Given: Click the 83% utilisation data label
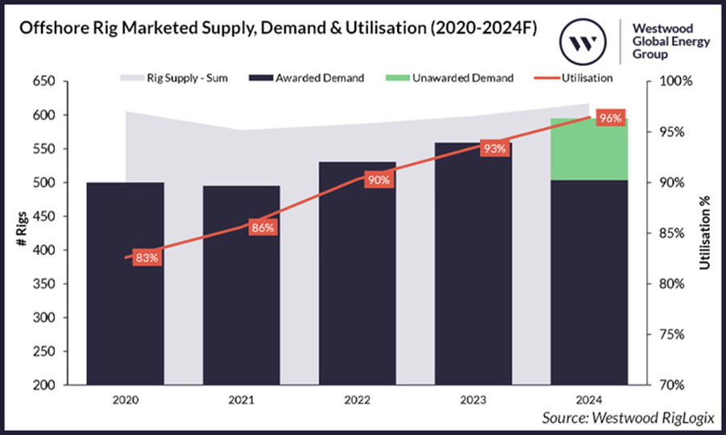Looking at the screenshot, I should click(x=147, y=258).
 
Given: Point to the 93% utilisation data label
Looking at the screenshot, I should click(x=494, y=148).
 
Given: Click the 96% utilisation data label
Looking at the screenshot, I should click(x=610, y=118).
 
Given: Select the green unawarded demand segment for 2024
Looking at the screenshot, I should click(x=589, y=149).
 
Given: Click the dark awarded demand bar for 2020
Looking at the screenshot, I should click(x=125, y=290).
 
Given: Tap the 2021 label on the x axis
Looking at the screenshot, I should click(x=241, y=400).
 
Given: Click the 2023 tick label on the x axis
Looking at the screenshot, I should click(x=473, y=400).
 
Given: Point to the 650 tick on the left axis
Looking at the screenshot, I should click(x=44, y=81).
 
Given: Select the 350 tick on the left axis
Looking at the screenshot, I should click(x=44, y=284).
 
